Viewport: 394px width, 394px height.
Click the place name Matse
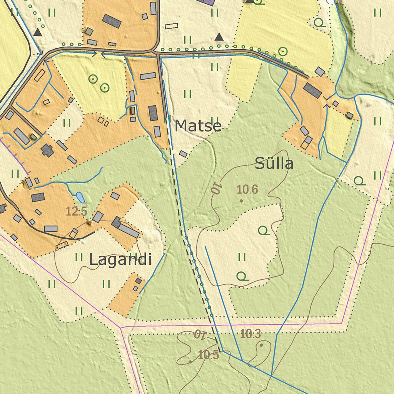pyautogui.click(x=198, y=126)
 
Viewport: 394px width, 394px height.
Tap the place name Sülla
pyautogui.click(x=274, y=164)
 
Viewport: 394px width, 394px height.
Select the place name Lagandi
pyautogui.click(x=120, y=260)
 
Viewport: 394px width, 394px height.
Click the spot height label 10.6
pyautogui.click(x=247, y=189)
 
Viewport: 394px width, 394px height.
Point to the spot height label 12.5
pyautogui.click(x=77, y=211)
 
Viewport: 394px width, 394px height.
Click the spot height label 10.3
pyautogui.click(x=250, y=334)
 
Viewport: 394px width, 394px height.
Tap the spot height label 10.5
pyautogui.click(x=209, y=355)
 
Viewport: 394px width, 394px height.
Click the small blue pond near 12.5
pyautogui.click(x=80, y=197)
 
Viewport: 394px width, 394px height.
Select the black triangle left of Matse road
pyautogui.click(x=219, y=37)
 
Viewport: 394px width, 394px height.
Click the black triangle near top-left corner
pyautogui.click(x=37, y=32)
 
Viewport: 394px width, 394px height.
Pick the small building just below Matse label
pyautogui.click(x=183, y=154)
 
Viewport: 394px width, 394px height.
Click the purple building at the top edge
pyautogui.click(x=206, y=2)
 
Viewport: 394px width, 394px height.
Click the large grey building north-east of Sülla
pyautogui.click(x=312, y=90)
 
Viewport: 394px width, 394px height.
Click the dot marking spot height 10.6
pyautogui.click(x=241, y=200)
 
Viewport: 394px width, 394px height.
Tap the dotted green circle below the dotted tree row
pyautogui.click(x=283, y=51)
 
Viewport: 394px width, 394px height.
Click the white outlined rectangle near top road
pyautogui.click(x=172, y=26)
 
